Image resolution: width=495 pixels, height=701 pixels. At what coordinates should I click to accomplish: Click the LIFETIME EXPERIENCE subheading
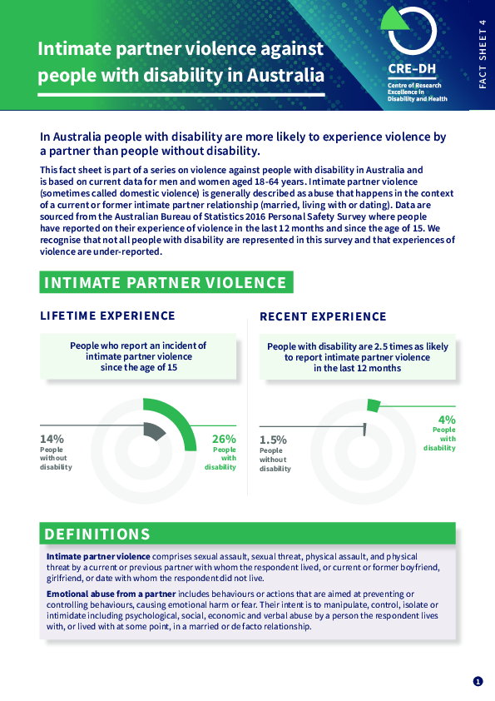[x=108, y=316]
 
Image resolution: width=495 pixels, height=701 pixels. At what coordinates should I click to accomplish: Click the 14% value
[x=52, y=439]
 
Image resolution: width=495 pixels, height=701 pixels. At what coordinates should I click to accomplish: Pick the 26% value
[x=224, y=439]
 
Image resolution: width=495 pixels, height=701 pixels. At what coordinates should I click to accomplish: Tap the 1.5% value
[x=273, y=440]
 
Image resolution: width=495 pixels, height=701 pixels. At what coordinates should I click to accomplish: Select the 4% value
[x=447, y=420]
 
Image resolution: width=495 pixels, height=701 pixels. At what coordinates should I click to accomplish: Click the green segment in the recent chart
[x=374, y=405]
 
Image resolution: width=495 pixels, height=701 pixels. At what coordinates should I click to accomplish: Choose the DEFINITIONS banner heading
[x=97, y=534]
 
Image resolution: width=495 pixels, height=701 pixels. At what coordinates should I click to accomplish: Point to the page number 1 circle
[x=478, y=681]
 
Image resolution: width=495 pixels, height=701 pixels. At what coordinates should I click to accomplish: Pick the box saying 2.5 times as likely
[x=357, y=356]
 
